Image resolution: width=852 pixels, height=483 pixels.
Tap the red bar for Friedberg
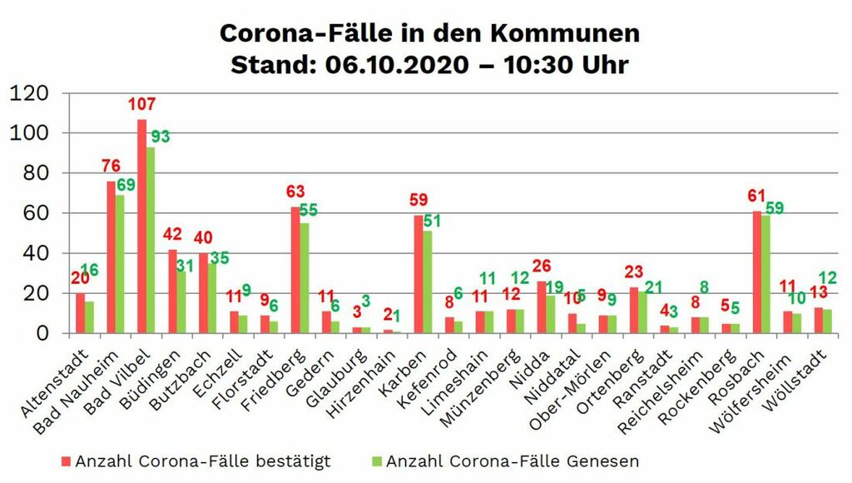coord(295,270)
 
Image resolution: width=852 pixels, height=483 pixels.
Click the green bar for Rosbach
coord(766,274)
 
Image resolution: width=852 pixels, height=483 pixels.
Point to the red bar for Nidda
coord(542,307)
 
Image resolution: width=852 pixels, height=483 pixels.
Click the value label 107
coord(141,105)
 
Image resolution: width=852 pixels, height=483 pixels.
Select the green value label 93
coord(161,136)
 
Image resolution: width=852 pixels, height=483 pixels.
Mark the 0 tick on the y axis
coord(48,333)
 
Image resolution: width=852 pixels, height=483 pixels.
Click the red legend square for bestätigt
coord(66,461)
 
